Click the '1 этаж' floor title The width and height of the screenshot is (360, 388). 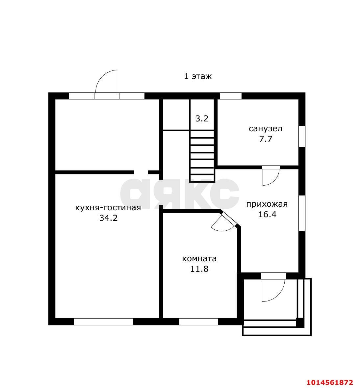point(198,76)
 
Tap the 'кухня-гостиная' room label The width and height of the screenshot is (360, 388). point(108,207)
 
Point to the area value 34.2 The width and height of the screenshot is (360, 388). point(108,218)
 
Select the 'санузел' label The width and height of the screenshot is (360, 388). point(266,129)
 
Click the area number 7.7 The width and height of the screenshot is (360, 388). point(266,139)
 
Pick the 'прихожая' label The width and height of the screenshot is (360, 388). point(267,204)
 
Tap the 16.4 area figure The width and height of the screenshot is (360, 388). point(267,214)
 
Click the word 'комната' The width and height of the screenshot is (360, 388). point(199,259)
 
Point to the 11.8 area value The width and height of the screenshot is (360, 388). point(199,269)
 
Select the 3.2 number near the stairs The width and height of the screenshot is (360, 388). point(202,119)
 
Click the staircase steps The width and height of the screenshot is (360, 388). point(202,156)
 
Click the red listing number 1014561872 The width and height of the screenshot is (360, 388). point(330,382)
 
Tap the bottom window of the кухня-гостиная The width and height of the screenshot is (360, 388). point(104,322)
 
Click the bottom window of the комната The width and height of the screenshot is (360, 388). point(199,322)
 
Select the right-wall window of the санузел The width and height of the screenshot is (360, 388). point(302,136)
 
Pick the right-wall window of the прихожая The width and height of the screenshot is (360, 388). point(302,213)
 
